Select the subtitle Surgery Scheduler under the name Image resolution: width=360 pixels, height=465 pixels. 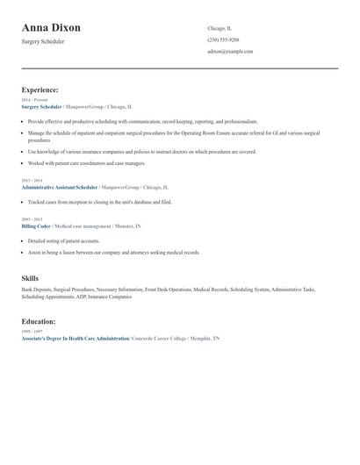[x=44, y=41]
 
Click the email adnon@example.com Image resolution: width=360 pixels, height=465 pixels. [x=230, y=52]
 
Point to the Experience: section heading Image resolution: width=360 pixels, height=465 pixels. [x=40, y=89]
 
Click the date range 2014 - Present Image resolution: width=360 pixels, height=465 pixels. [x=33, y=101]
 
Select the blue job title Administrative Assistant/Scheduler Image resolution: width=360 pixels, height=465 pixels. [x=59, y=188]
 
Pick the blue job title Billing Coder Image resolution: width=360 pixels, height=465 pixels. [x=36, y=225]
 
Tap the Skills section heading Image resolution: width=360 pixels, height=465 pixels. [x=30, y=278]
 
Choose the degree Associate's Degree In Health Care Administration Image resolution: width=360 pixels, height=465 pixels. [x=75, y=338]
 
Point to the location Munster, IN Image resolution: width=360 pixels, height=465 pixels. [x=127, y=225]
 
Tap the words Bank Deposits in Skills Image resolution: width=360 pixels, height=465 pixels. [x=37, y=290]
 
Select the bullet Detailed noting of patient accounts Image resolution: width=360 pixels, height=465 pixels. [x=64, y=240]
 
